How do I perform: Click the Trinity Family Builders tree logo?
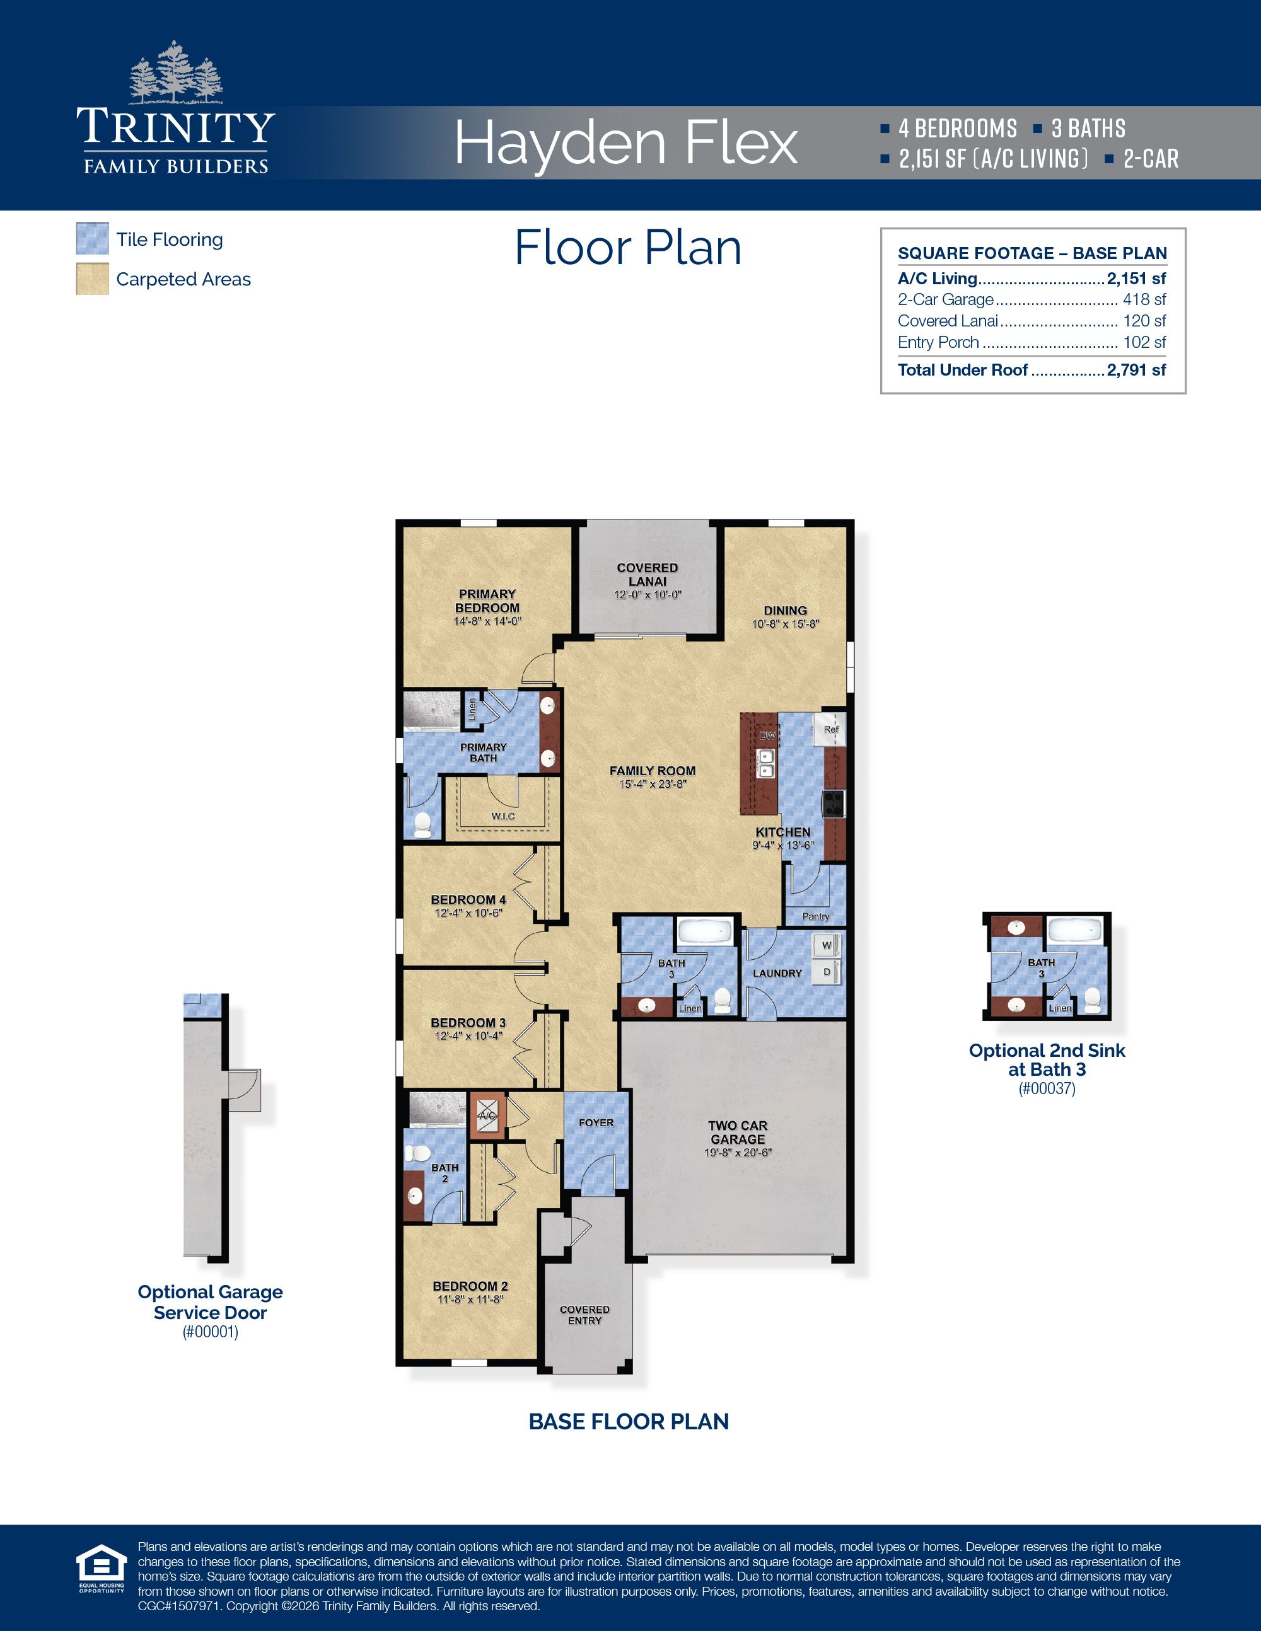tap(177, 73)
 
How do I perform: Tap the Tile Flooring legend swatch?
tap(93, 239)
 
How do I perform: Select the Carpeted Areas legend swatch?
tap(93, 279)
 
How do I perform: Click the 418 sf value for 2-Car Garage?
tap(1144, 299)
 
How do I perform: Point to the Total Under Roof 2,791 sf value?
tap(1136, 370)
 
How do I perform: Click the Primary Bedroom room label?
tap(487, 601)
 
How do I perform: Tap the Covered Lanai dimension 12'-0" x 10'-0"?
tap(648, 595)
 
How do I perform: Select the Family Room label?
tap(652, 771)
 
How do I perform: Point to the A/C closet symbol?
tap(487, 1115)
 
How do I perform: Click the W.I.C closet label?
tap(503, 816)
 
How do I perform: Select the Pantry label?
tap(815, 916)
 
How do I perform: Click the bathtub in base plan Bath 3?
tap(705, 931)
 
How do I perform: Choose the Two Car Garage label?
tap(737, 1132)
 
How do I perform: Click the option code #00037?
tap(1047, 1088)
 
